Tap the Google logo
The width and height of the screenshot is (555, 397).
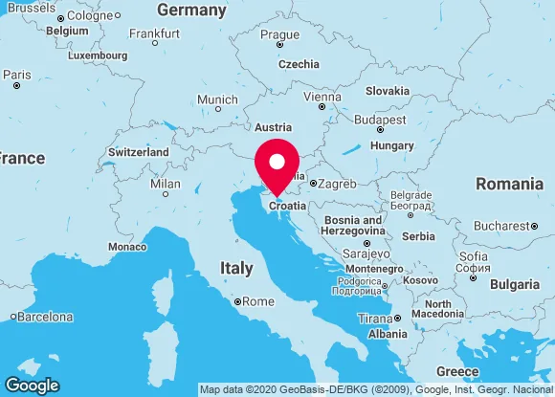click(x=32, y=385)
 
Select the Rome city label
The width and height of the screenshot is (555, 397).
click(x=258, y=301)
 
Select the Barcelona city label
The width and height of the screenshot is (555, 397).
click(x=47, y=317)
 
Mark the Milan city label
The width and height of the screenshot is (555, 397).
click(x=166, y=184)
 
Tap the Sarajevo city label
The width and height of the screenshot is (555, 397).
click(x=366, y=254)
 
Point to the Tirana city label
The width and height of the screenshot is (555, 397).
click(x=374, y=319)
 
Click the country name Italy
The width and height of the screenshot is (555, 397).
click(x=236, y=269)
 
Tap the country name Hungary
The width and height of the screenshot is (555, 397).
click(x=391, y=145)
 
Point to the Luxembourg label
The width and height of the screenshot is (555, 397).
click(x=98, y=55)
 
